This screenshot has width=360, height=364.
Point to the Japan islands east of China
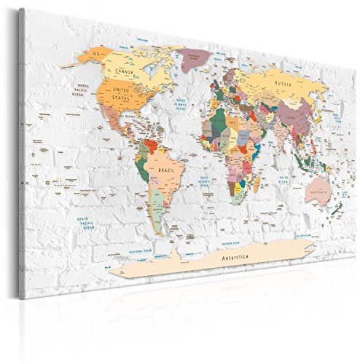(321, 116)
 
